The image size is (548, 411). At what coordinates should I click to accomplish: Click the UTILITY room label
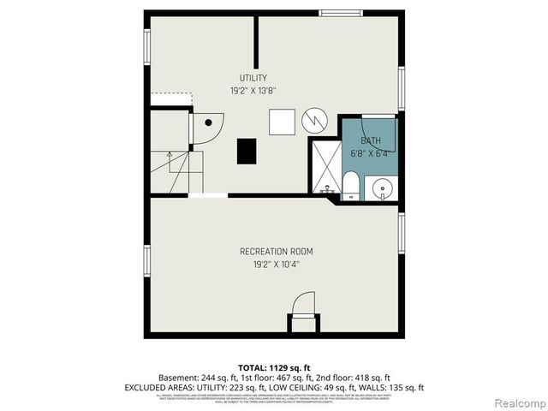coord(253,78)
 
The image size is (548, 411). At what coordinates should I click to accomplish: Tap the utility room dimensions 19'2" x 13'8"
coord(253,90)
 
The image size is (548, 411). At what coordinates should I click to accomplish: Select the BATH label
coord(370,141)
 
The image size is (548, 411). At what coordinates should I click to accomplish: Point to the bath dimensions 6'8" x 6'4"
coord(370,153)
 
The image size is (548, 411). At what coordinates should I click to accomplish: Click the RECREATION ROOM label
coord(276,252)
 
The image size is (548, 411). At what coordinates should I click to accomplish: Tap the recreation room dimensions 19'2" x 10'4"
coord(276,265)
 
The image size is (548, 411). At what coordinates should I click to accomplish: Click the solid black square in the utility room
coord(247,151)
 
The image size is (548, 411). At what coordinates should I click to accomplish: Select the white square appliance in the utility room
coord(282,122)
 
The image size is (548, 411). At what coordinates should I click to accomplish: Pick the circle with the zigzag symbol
coord(314,121)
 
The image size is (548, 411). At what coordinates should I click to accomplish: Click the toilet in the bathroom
coord(351,184)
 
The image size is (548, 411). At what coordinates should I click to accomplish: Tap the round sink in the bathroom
coord(381,187)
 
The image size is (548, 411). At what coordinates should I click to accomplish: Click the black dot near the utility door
coord(207,123)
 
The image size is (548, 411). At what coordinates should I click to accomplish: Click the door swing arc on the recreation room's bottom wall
coord(304,304)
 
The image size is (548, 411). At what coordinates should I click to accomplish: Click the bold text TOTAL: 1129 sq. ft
coord(274,367)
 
